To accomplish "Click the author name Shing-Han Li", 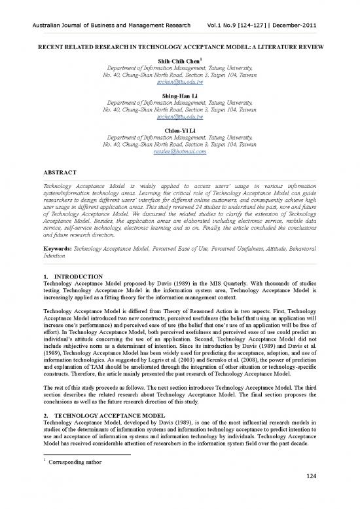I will (x=180, y=95).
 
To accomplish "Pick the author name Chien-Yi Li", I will (x=180, y=129).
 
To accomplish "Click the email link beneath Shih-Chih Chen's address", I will (x=180, y=84).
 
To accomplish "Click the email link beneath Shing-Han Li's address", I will (x=180, y=118).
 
